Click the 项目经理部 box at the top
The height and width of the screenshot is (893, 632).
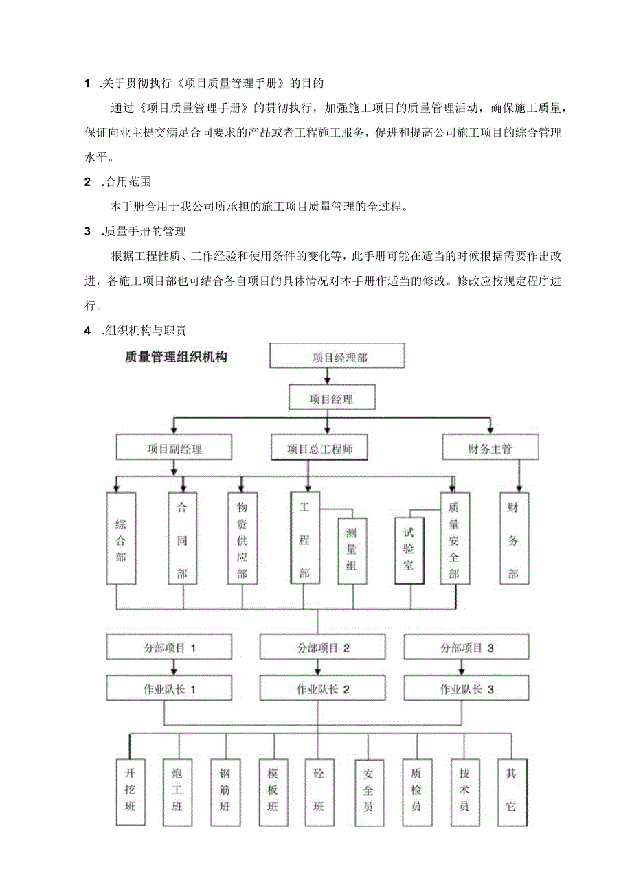[x=336, y=357]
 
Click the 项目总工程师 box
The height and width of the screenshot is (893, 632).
[x=317, y=449]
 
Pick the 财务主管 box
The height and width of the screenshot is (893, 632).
[x=490, y=449]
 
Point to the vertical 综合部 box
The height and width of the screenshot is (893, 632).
[x=121, y=539]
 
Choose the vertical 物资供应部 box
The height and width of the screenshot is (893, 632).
[x=242, y=539]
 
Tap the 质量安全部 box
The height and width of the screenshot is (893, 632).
[x=454, y=539]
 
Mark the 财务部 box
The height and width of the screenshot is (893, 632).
[x=513, y=539]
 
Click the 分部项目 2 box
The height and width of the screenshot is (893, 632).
[x=323, y=647]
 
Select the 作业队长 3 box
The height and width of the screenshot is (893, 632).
[x=466, y=689]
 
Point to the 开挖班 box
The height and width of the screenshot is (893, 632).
[x=130, y=791]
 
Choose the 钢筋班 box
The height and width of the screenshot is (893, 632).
[x=225, y=791]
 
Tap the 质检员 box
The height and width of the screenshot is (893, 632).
[x=416, y=791]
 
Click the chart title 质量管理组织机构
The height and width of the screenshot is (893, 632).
[x=176, y=357]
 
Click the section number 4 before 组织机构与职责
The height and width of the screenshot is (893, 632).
[x=88, y=331]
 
